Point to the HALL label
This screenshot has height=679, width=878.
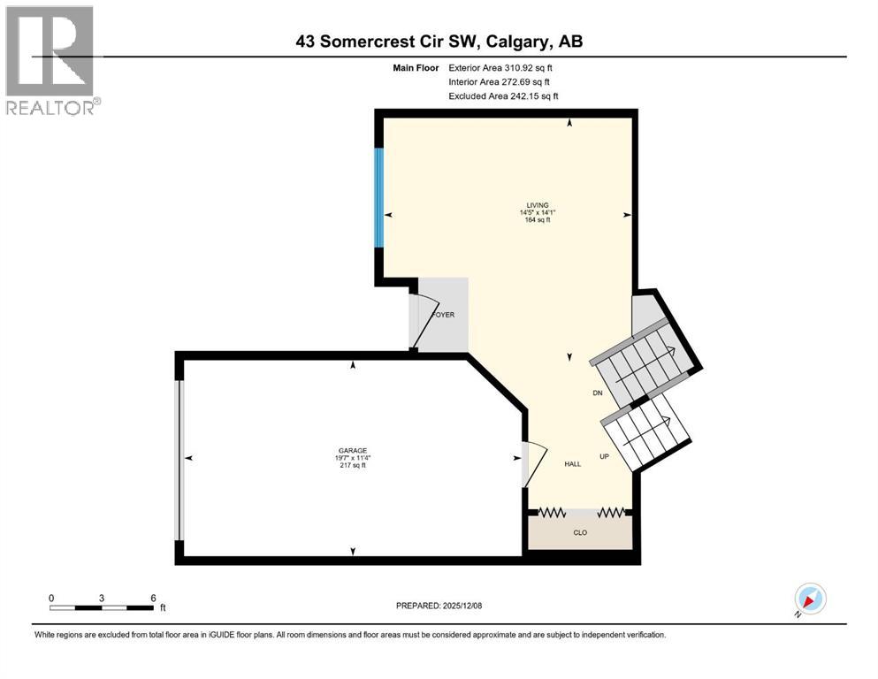573,464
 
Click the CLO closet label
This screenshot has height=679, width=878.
580,533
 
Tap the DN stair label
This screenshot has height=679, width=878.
597,393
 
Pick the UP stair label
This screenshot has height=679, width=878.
605,457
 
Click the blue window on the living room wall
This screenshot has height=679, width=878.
379,198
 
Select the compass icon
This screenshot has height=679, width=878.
809,599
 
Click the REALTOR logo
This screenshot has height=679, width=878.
50,60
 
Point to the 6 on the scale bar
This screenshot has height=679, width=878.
153,598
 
